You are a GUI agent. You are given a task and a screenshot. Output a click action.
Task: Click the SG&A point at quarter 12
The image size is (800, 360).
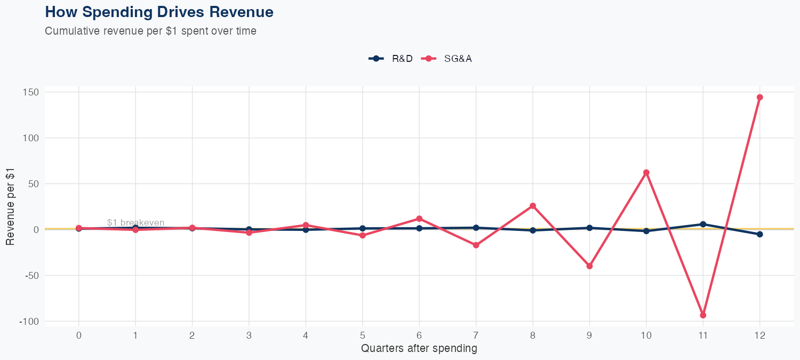[759, 97]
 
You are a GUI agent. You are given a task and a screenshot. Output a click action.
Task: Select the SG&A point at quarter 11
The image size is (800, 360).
[703, 315]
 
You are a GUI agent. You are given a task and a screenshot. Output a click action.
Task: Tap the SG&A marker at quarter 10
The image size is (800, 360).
[646, 172]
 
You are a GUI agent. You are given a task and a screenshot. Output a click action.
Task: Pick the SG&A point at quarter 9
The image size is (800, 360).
[589, 266]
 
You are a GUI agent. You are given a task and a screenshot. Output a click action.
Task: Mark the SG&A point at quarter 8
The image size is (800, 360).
[533, 206]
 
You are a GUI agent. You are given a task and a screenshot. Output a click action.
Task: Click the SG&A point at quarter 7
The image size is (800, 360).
[476, 245]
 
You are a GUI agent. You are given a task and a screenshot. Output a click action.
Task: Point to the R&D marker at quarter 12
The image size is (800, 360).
[759, 234]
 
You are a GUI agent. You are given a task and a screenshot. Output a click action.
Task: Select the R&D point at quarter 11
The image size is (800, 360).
[703, 224]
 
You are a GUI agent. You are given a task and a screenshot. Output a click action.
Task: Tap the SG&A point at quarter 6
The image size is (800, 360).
[419, 219]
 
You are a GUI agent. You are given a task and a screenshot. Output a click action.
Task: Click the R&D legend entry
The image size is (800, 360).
[391, 59]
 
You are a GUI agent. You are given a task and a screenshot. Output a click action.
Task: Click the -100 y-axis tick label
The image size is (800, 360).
[29, 322]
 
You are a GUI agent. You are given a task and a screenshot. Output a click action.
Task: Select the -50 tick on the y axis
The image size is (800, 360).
[31, 276]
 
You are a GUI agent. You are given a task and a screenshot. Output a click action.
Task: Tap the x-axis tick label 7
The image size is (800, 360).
[476, 335]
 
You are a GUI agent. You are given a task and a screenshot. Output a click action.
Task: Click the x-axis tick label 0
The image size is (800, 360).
[79, 335]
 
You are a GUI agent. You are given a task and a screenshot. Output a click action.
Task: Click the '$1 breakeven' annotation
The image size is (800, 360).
[135, 222]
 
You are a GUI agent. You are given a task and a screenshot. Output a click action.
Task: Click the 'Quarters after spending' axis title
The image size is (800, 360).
[419, 349]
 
